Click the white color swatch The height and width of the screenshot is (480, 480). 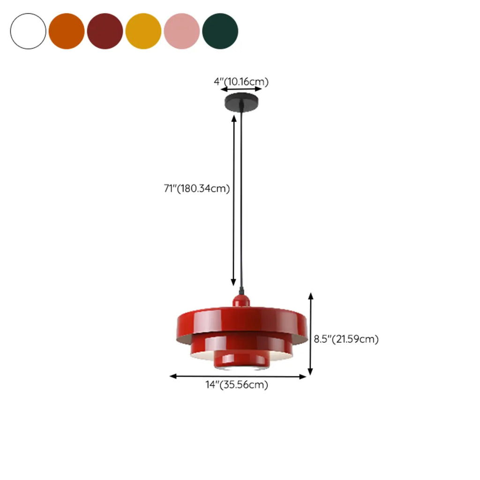pyautogui.click(x=28, y=31)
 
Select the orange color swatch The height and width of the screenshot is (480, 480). pyautogui.click(x=67, y=31)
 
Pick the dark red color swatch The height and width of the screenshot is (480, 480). pyautogui.click(x=105, y=31)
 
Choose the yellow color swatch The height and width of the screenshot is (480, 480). pyautogui.click(x=143, y=31)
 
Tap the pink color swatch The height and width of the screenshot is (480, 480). pyautogui.click(x=182, y=31)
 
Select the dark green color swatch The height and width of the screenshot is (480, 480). pyautogui.click(x=220, y=31)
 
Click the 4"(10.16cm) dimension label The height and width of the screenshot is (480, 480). pyautogui.click(x=241, y=82)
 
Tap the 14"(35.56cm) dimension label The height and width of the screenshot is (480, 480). pyautogui.click(x=237, y=385)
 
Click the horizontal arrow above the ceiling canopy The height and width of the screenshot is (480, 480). pyautogui.click(x=241, y=89)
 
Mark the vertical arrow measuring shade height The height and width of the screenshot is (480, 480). pyautogui.click(x=310, y=334)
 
